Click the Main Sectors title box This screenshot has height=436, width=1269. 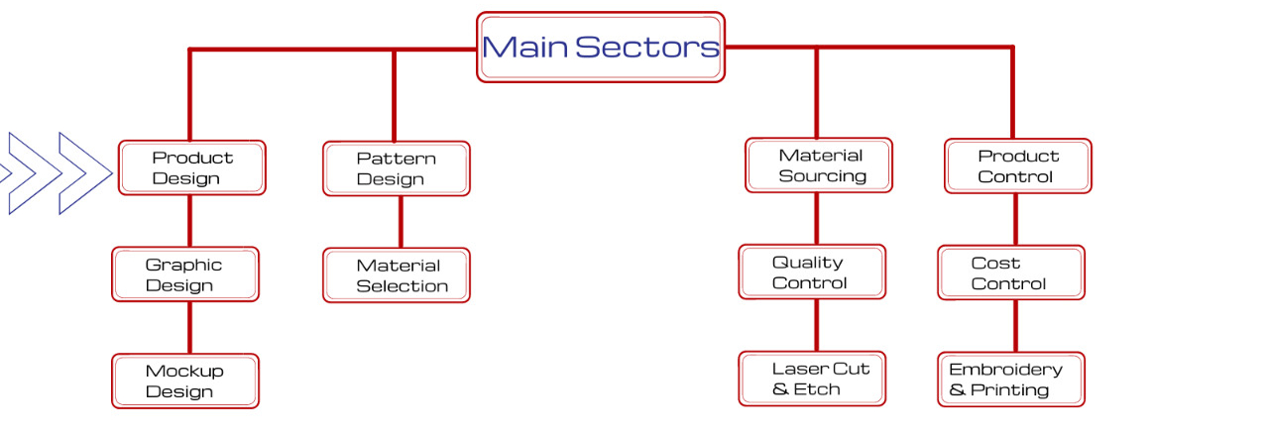coord(601,47)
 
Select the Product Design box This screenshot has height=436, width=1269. coord(192,167)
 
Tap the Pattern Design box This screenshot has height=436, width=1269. coord(397,168)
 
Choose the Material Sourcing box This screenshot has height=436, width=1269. coord(819,165)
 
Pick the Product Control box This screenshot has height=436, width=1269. coord(1017,166)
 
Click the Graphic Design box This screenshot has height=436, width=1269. coord(185,274)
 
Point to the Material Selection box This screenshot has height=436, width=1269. coord(397,275)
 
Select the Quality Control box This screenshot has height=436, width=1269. coord(812,272)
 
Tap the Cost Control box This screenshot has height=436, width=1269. coord(1011,273)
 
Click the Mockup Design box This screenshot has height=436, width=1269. coord(185,381)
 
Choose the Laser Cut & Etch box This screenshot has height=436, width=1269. coord(812,379)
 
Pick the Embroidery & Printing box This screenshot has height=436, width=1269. coord(1011,380)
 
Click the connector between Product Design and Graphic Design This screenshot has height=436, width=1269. coord(189,221)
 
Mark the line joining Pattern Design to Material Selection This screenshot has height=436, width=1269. coord(401,222)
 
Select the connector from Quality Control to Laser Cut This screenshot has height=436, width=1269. coord(817,325)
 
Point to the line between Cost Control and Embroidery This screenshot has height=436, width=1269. coord(1015,326)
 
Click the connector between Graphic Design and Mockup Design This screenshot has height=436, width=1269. coord(189,328)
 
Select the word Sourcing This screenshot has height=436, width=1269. coord(822,176)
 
